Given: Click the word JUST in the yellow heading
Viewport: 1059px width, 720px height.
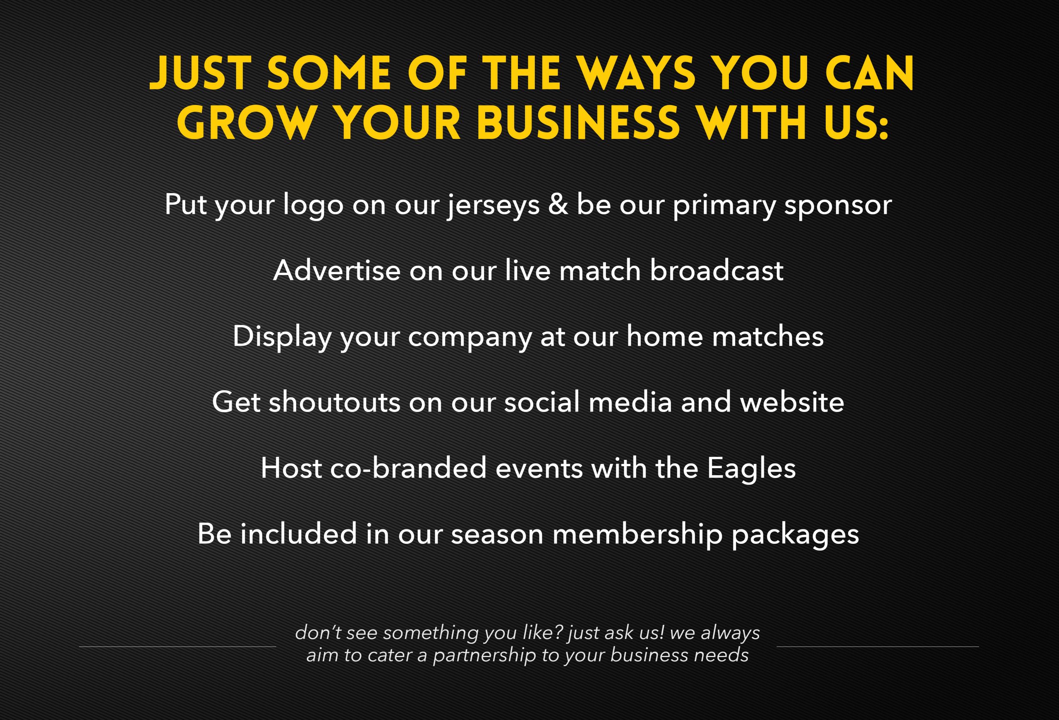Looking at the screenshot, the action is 201,73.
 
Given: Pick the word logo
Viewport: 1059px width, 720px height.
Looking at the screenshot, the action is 313,206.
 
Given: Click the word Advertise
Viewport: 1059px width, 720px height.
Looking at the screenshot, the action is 336,270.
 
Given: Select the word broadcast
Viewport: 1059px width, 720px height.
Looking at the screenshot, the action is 716,270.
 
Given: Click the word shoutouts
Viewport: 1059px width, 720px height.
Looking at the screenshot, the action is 335,402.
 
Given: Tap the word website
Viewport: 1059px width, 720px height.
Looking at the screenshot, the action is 792,402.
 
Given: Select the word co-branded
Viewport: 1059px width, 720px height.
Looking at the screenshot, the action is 408,468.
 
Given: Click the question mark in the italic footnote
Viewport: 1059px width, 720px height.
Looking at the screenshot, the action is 559,633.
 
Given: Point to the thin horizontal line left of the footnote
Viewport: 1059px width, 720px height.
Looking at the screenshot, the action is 178,647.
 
